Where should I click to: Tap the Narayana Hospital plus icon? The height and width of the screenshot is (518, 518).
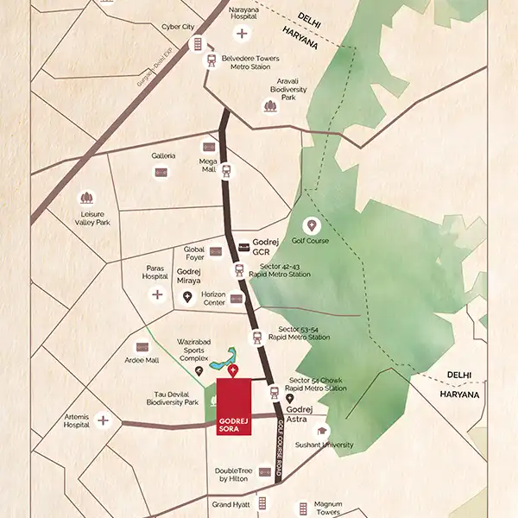coord(243,34)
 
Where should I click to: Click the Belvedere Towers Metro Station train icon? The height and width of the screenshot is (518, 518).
coord(212,60)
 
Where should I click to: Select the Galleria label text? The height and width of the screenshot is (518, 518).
coord(163,155)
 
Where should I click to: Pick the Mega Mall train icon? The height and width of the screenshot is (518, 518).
coord(227,170)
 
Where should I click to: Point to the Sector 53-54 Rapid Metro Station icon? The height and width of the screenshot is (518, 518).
coord(255,337)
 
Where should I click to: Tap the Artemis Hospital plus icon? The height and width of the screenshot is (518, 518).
coord(104,420)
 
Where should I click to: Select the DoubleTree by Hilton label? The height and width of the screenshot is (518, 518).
coord(234,476)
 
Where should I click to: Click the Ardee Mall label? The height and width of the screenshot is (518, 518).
coord(141,360)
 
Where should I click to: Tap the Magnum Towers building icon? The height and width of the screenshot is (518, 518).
coord(303,507)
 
